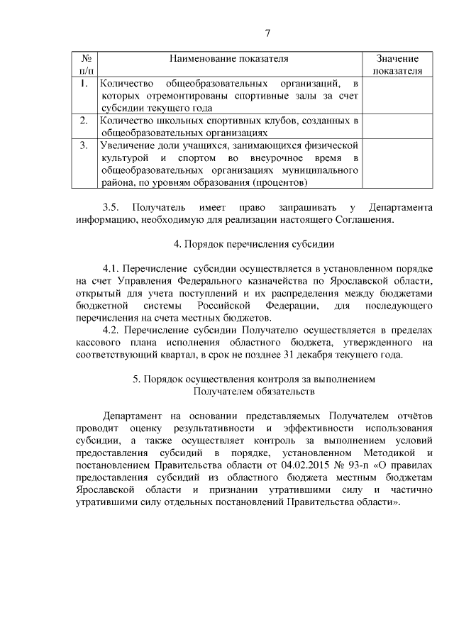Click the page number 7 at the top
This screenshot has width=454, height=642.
(267, 33)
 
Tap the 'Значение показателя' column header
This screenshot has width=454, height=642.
(397, 65)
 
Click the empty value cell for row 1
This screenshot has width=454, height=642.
(397, 96)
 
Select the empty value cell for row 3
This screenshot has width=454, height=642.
(397, 164)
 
